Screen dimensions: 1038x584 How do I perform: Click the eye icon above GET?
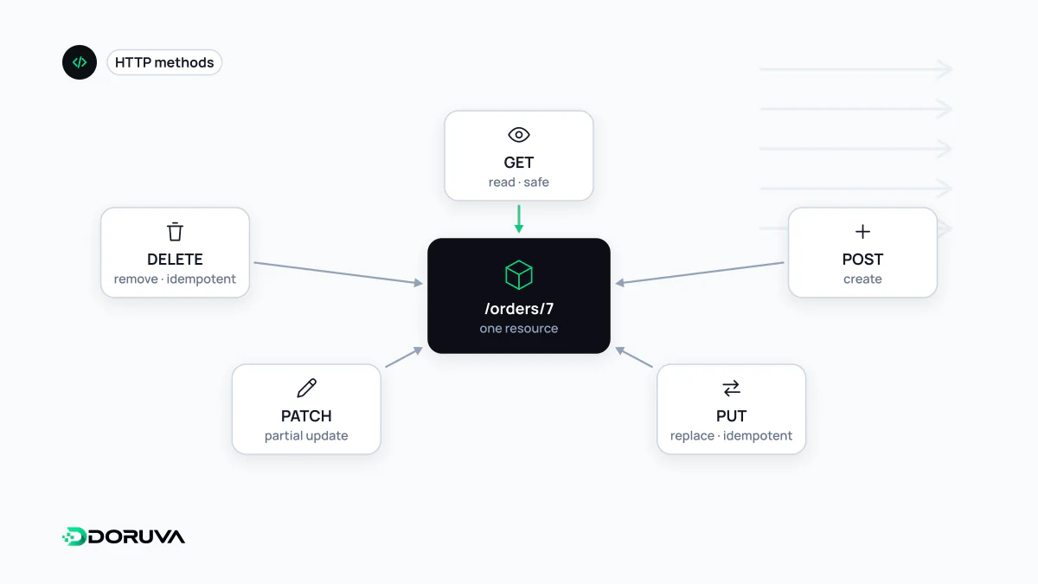(x=518, y=135)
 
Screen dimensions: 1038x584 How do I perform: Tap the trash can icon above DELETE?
(x=175, y=232)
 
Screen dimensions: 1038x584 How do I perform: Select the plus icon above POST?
(x=862, y=232)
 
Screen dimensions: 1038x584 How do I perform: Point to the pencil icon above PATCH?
(x=306, y=388)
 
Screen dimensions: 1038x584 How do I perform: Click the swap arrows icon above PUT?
(x=731, y=388)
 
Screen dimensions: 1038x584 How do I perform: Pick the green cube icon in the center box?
(x=518, y=275)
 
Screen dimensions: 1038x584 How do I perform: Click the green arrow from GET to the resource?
(x=519, y=219)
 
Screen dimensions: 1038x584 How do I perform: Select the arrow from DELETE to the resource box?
(x=338, y=273)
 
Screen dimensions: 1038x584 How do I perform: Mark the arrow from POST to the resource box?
(x=700, y=273)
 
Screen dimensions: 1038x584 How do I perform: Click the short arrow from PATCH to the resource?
(x=404, y=356)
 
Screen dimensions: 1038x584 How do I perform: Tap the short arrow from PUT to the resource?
(x=634, y=356)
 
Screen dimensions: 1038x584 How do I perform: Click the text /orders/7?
(x=519, y=309)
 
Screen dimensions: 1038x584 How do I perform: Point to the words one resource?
(x=518, y=329)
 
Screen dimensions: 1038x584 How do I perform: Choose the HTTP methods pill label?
(x=164, y=62)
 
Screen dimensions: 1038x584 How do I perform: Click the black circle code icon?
(x=80, y=62)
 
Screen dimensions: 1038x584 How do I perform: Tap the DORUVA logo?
(x=124, y=536)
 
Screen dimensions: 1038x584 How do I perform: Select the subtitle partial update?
(x=306, y=436)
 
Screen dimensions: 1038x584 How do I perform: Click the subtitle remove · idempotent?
(x=175, y=279)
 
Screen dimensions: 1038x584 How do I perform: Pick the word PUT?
(x=731, y=416)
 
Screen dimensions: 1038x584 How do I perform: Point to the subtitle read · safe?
(x=518, y=183)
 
